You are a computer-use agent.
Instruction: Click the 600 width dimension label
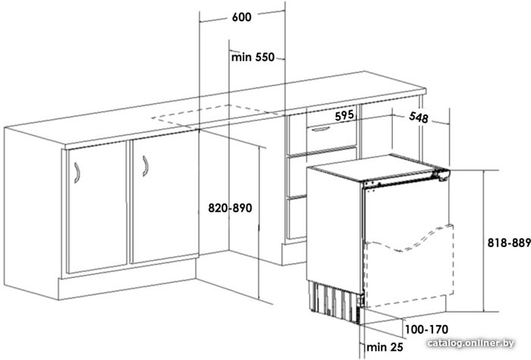point(242,17)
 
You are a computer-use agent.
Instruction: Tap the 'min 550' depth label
point(253,57)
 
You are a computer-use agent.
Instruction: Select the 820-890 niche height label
point(230,208)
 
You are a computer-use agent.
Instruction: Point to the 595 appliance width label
point(344,116)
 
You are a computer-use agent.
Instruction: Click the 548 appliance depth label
point(419,117)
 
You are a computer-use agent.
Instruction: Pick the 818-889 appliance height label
point(509,243)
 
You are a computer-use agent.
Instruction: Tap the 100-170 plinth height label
point(426,329)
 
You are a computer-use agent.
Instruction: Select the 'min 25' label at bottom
point(385,347)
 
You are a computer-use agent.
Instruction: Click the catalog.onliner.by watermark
point(471,343)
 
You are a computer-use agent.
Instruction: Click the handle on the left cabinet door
point(77,173)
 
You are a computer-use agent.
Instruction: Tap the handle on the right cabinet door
point(146,166)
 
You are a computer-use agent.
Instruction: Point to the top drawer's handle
point(320,129)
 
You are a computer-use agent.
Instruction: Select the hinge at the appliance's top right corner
point(441,174)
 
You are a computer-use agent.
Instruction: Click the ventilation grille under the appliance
point(335,301)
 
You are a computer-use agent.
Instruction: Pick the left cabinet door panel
point(98,207)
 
